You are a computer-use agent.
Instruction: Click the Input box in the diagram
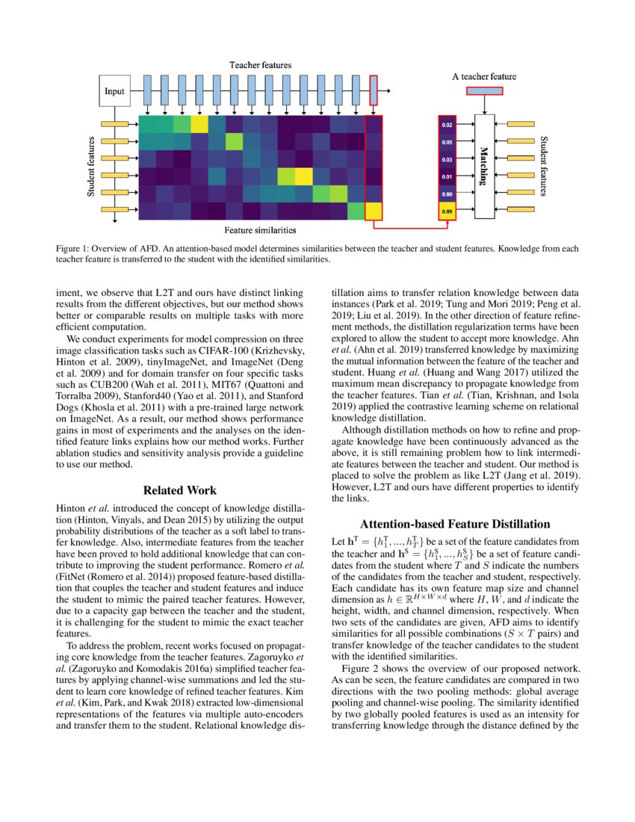click(x=115, y=93)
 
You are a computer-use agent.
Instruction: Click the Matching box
click(x=485, y=167)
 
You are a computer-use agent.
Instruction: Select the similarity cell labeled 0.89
click(x=446, y=211)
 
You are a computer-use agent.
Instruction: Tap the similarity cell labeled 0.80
click(x=446, y=194)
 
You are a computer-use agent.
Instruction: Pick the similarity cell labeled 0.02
click(x=446, y=125)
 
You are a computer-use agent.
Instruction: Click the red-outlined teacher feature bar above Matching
click(x=485, y=91)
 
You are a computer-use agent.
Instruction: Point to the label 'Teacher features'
click(x=260, y=66)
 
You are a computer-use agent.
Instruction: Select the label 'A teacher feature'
click(x=484, y=76)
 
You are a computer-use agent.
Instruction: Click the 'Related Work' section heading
click(x=180, y=490)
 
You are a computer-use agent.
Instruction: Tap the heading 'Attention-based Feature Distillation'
click(x=455, y=524)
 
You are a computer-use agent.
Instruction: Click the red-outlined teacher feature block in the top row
click(x=374, y=90)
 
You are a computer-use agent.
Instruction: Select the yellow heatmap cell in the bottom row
click(x=374, y=211)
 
